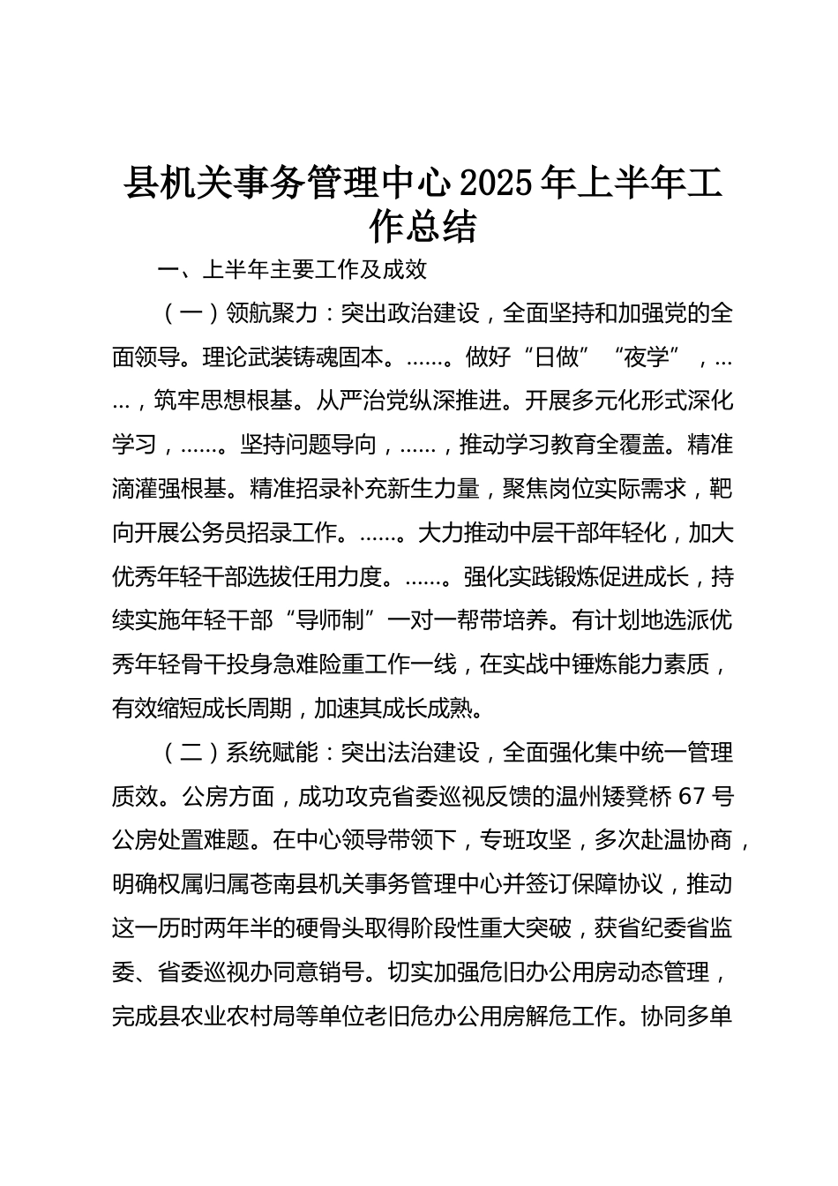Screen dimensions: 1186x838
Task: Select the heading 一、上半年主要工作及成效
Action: click(292, 270)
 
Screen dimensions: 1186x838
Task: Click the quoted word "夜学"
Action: click(654, 357)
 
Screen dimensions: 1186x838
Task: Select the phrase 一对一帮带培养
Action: click(471, 621)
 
